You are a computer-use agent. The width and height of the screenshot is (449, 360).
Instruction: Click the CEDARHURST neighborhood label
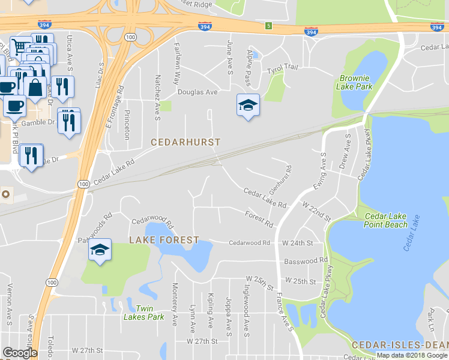[x=185, y=143]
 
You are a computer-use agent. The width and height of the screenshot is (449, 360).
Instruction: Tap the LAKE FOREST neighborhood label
[x=164, y=240]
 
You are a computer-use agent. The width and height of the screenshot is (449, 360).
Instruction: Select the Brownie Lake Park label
[x=356, y=82]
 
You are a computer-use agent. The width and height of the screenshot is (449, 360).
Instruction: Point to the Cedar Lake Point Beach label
[x=385, y=220]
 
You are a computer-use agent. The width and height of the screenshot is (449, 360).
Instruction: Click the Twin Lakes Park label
[x=143, y=313]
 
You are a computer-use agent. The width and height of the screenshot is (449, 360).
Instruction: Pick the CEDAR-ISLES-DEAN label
[x=399, y=345]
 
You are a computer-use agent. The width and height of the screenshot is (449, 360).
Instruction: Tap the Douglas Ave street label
[x=197, y=92]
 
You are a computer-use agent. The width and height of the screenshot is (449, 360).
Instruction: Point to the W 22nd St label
[x=317, y=212]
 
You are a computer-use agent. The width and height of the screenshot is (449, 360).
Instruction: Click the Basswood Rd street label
[x=306, y=260]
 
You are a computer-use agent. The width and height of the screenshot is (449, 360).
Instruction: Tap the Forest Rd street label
[x=259, y=218]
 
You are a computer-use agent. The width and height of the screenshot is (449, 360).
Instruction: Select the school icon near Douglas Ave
[x=248, y=106]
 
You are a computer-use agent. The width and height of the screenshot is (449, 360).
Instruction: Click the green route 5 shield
[x=270, y=26]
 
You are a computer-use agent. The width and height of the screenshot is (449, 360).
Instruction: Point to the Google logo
[x=20, y=353]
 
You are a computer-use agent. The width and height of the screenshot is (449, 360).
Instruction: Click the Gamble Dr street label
[x=38, y=122]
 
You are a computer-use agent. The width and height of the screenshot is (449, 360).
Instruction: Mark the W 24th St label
[x=298, y=243]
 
